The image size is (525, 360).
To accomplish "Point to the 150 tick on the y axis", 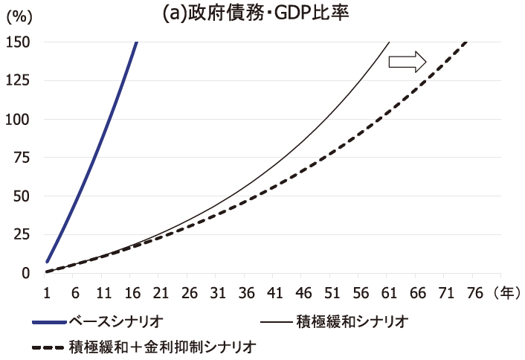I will point(19,42).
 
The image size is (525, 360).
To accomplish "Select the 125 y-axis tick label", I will point(19,81).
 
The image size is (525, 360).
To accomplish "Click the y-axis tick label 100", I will point(19,119).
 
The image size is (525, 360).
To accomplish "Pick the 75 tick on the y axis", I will point(22,158).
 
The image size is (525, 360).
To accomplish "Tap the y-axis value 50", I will point(22,196).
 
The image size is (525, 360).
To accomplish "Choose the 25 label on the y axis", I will point(22,234).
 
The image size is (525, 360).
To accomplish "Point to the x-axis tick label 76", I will point(473,292).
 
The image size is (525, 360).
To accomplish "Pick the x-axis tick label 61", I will point(387,292).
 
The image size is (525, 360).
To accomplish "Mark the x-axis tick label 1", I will point(46,292).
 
